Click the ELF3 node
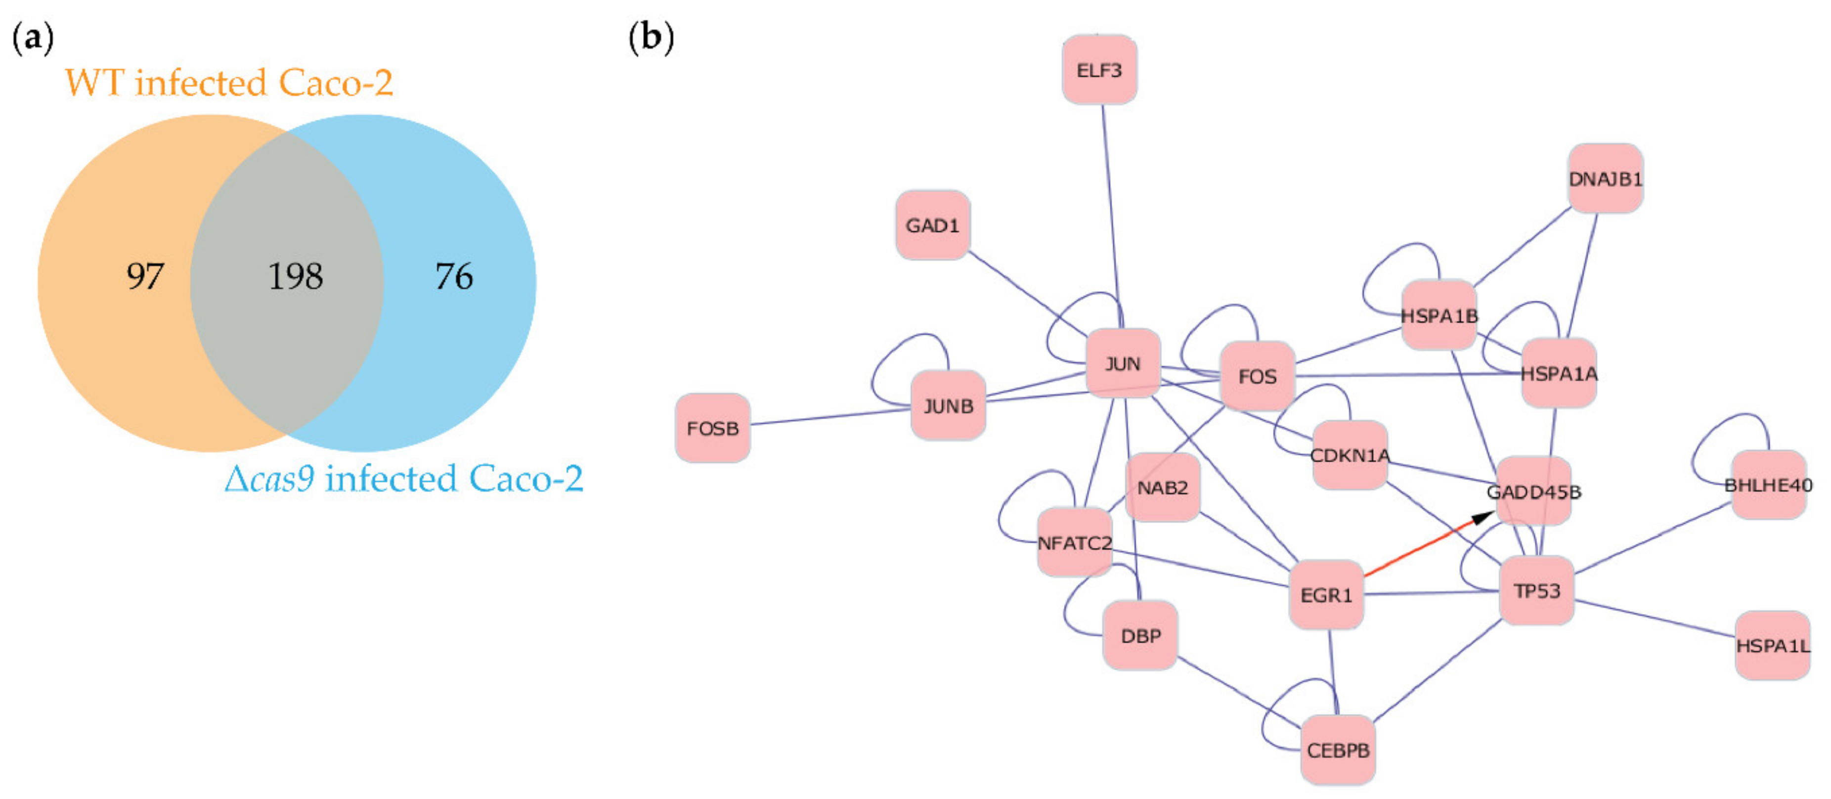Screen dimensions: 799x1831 point(1099,70)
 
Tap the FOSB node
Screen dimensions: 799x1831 point(712,428)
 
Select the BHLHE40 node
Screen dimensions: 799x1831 point(1768,485)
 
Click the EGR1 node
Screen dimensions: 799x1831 point(1326,594)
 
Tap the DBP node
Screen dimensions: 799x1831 point(1139,635)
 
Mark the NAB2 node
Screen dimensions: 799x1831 point(1162,487)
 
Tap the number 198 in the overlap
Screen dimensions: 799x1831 point(295,276)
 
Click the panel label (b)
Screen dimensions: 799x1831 point(651,37)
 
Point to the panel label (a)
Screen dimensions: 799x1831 point(33,37)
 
